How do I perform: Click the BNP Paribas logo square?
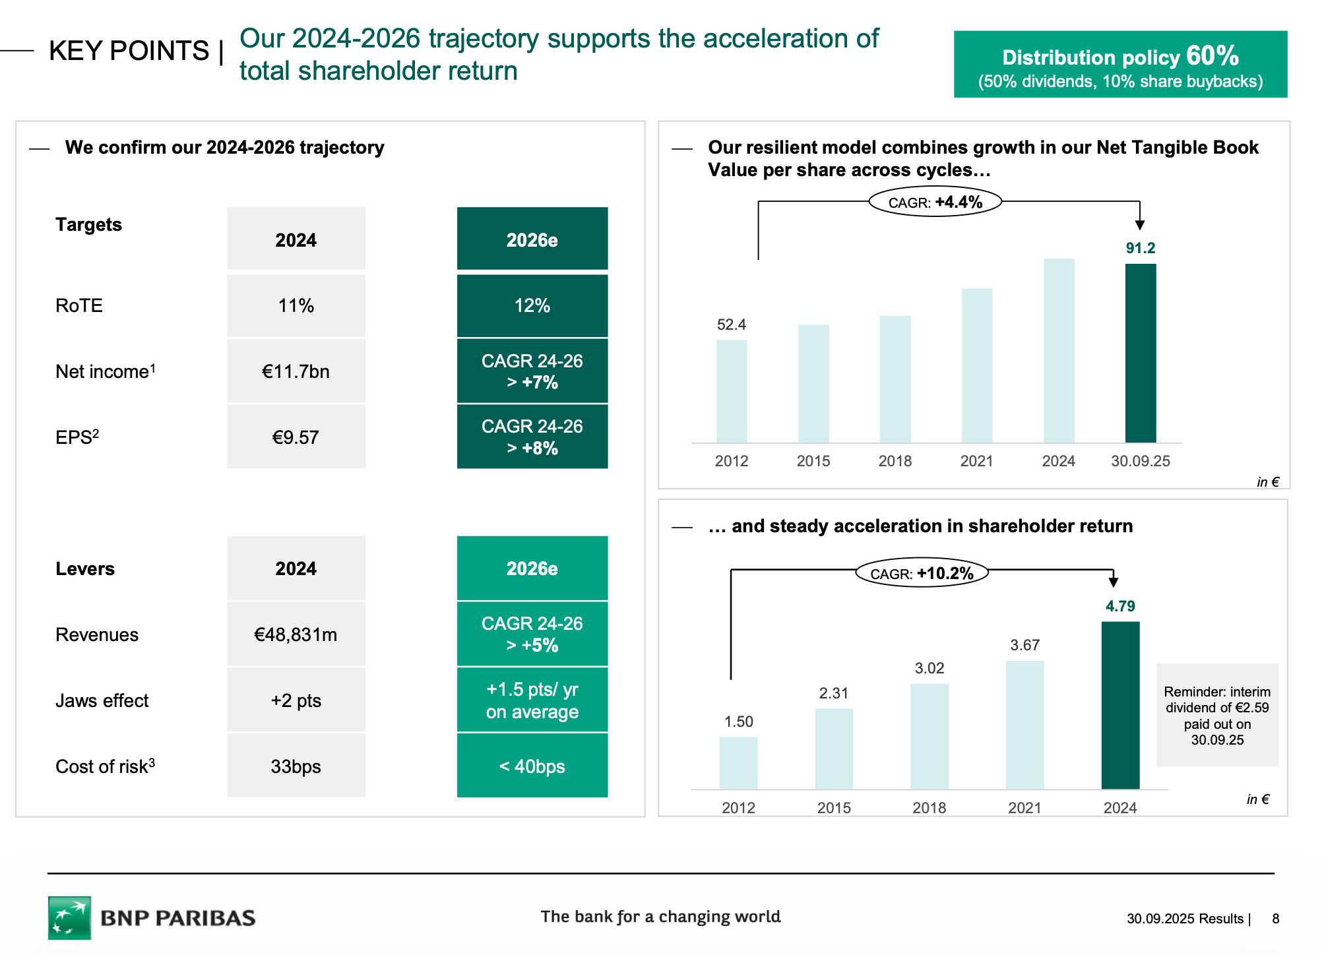(69, 917)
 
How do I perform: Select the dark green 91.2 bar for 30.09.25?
(1141, 353)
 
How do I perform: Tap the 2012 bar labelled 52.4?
(732, 391)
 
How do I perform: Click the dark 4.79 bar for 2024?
(1120, 705)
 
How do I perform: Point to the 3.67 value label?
(1024, 645)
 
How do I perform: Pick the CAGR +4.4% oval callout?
(935, 202)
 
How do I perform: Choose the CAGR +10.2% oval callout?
(922, 573)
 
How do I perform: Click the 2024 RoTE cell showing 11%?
(296, 305)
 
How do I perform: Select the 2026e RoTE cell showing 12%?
(532, 305)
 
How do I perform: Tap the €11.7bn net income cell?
(296, 371)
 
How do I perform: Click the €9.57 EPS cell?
(296, 437)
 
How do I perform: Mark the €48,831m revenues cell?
(296, 634)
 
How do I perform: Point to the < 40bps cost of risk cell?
(532, 766)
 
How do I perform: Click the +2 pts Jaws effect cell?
(296, 700)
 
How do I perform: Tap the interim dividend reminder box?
(1217, 716)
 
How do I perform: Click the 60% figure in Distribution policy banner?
(1212, 55)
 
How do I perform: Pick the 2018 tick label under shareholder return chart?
(929, 807)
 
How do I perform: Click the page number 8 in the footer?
(1276, 919)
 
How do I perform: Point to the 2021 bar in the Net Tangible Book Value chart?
(977, 365)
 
